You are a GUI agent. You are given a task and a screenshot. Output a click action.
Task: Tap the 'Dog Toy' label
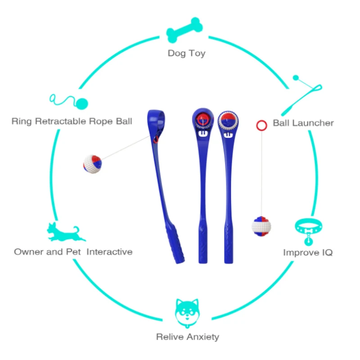[186, 53]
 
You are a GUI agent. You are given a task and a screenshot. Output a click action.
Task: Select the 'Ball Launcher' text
[303, 123]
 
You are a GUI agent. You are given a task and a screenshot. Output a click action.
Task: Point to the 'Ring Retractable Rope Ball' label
[72, 121]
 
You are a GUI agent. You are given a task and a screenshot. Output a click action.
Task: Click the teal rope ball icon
[69, 101]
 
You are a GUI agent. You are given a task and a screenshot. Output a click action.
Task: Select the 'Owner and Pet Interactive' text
[73, 252]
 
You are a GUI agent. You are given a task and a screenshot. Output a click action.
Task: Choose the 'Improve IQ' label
[308, 252]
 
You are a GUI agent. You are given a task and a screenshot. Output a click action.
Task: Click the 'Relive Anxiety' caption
[188, 337]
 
